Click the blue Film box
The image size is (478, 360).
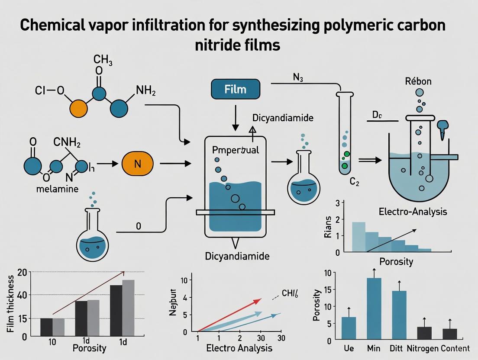(236, 90)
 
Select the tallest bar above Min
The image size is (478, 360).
(374, 307)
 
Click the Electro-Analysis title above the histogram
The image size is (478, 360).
(413, 212)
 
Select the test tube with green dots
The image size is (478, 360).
(344, 134)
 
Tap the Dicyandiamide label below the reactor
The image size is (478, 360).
(237, 256)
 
